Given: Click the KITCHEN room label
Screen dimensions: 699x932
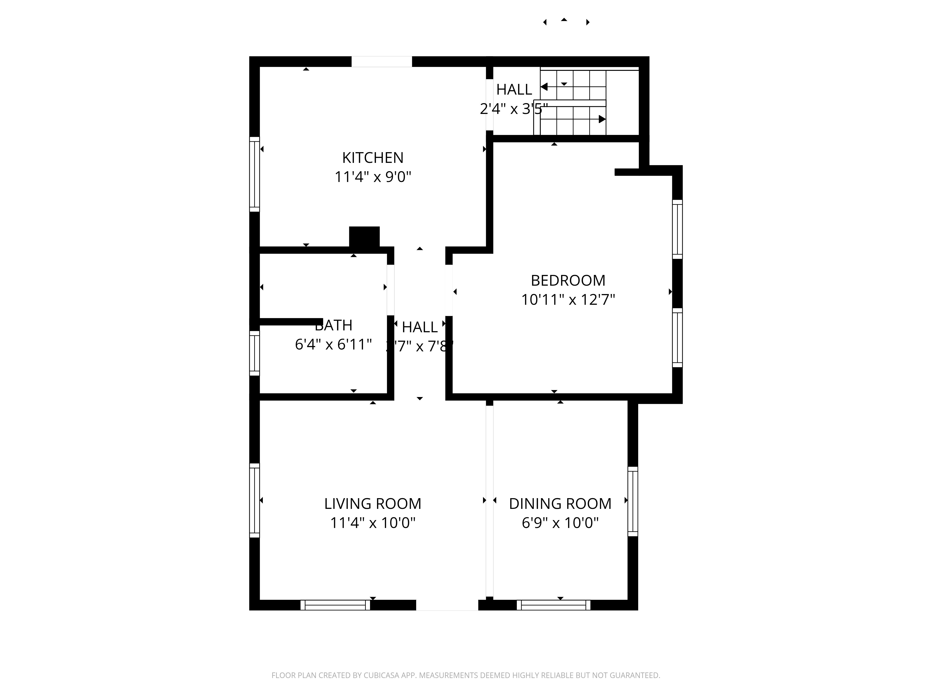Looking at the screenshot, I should click(x=373, y=158).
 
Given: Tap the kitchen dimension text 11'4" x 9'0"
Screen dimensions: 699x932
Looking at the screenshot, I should click(x=373, y=177).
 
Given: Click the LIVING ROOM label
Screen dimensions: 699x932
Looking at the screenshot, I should click(x=373, y=504).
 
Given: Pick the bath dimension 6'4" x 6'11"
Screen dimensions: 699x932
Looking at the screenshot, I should click(x=333, y=345).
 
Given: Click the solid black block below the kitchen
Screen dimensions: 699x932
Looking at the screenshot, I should click(x=364, y=237).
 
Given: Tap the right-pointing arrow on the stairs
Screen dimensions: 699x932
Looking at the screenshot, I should click(x=602, y=119).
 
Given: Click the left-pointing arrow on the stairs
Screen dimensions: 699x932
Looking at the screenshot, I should click(x=544, y=87).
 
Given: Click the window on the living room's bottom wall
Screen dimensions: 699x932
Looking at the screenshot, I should click(x=335, y=605).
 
